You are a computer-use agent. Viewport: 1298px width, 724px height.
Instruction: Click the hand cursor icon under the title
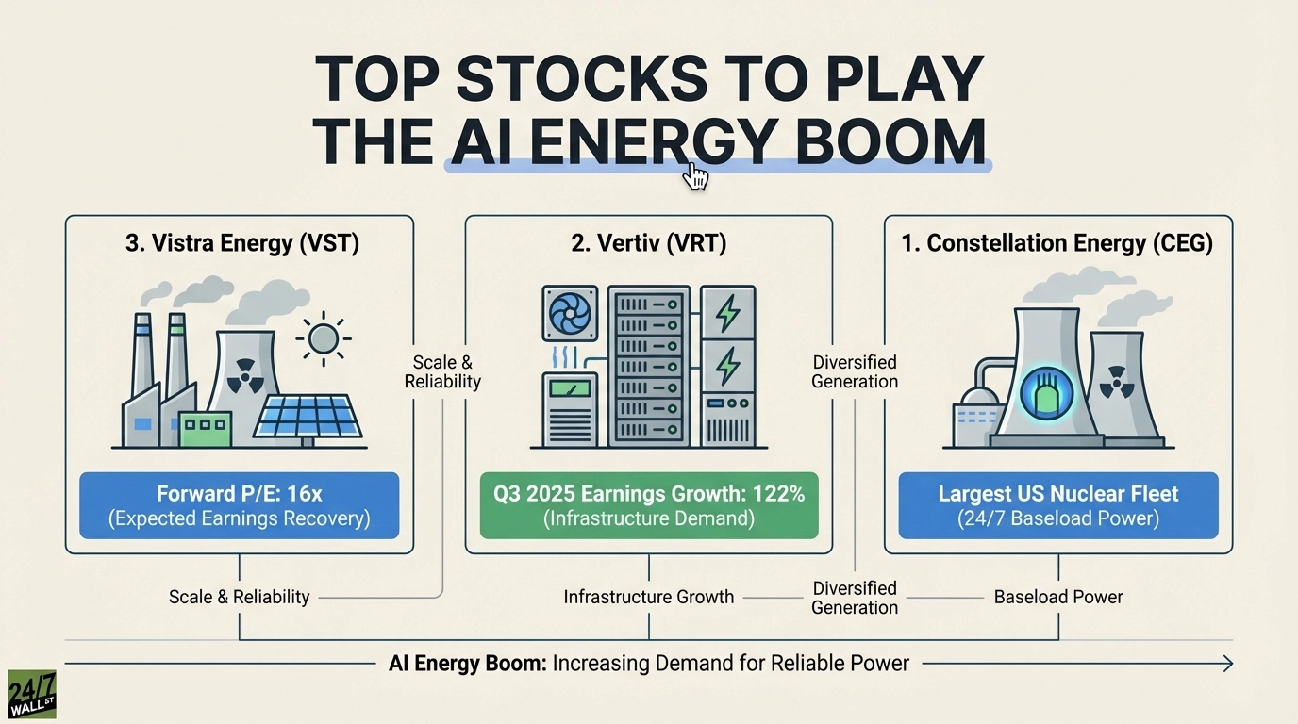coord(695,176)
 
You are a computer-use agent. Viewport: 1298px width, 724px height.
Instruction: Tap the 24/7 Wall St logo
coord(31,695)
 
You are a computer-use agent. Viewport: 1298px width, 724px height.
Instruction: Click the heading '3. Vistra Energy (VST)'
coord(242,243)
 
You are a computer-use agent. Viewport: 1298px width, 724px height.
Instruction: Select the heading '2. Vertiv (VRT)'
coord(649,243)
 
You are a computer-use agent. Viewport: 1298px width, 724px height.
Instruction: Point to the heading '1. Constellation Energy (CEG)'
coord(1057,243)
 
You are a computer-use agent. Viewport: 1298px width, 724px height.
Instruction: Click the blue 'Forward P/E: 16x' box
coord(239,505)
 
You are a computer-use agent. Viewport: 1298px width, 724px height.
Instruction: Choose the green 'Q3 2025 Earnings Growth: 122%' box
coord(648,505)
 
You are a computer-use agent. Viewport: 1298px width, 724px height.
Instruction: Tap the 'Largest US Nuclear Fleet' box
coord(1057,505)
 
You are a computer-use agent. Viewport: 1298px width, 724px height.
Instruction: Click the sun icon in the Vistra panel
coord(323,337)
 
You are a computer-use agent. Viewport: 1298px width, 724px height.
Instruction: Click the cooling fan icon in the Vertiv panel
coord(570,313)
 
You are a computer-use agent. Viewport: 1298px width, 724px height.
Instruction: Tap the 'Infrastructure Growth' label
coord(648,597)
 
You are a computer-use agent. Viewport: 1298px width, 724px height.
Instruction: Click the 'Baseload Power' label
coord(1058,597)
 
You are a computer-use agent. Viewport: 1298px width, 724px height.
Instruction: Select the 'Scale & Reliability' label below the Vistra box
coord(239,597)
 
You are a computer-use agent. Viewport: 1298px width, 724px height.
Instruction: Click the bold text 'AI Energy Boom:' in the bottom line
coord(467,664)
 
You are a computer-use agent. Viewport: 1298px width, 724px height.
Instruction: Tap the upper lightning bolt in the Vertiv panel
coord(728,313)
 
